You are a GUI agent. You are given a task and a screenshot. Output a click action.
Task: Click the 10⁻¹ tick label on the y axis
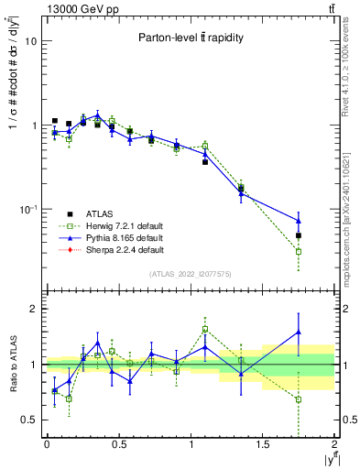click(x=27, y=209)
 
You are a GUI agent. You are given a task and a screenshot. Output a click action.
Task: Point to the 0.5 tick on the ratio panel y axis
click(x=27, y=420)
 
